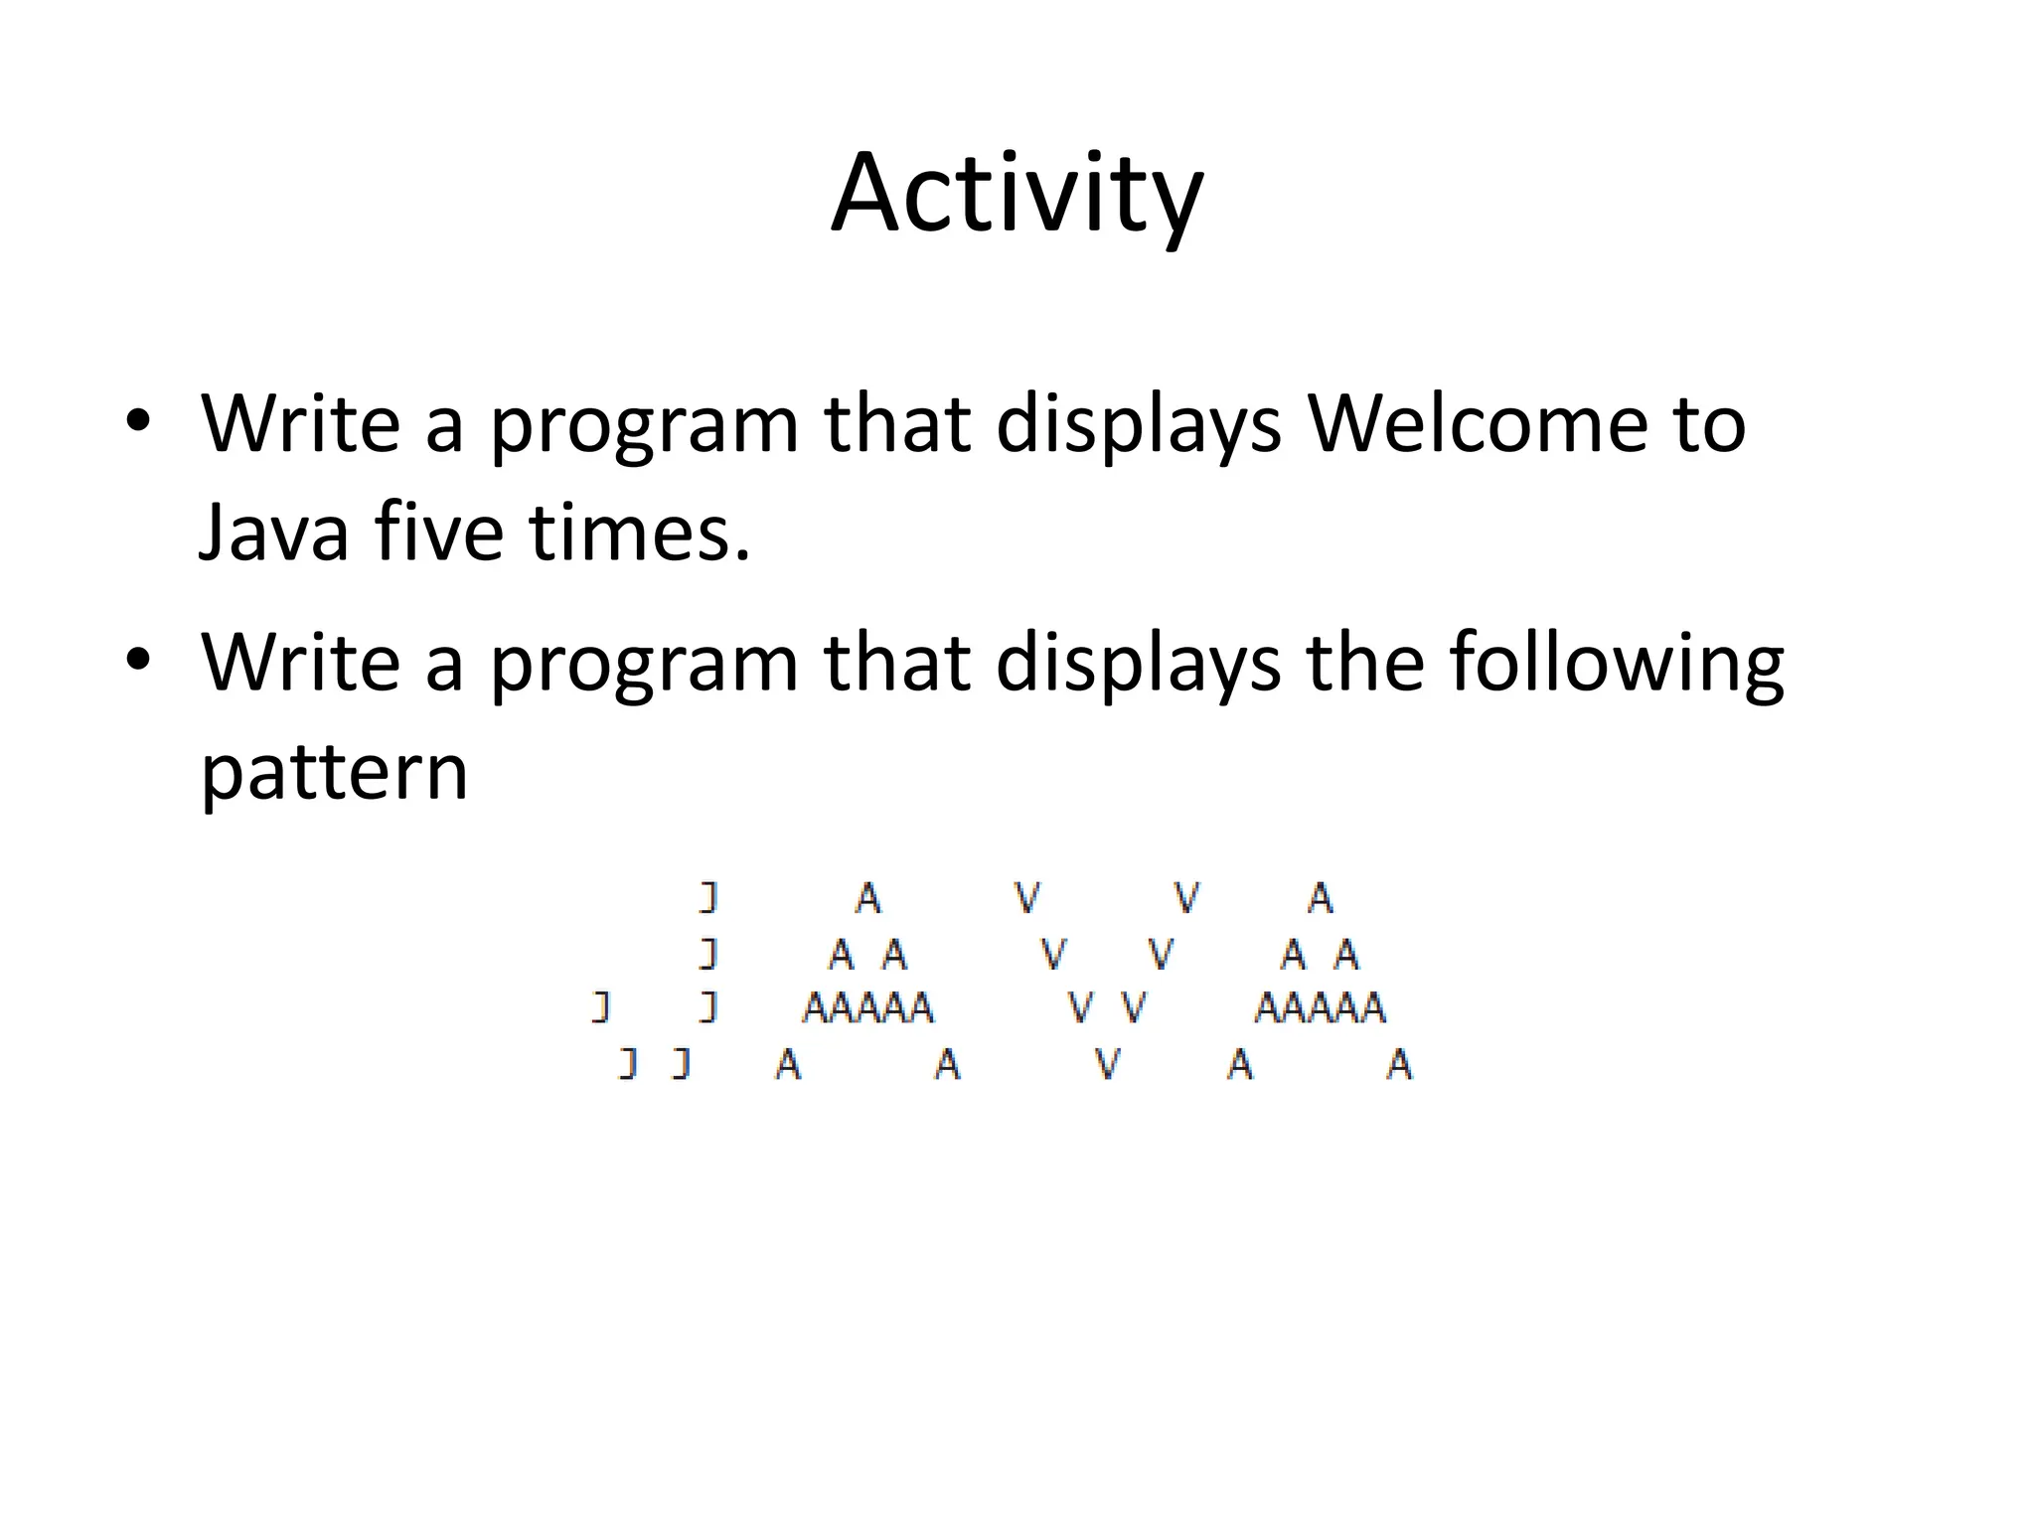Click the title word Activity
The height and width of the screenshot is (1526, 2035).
tap(1017, 194)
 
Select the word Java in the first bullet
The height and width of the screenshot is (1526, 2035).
tap(273, 533)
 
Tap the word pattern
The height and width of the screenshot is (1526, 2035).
tap(334, 772)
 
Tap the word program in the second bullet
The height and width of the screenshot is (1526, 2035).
tap(644, 664)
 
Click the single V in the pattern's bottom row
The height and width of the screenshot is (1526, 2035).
tap(1108, 1065)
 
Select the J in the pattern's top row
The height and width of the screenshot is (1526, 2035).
tap(707, 897)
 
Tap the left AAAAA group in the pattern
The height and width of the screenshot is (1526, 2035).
tap(867, 1008)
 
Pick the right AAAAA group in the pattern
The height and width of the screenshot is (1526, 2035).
tap(1320, 1008)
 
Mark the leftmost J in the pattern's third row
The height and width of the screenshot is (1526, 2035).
tap(600, 1008)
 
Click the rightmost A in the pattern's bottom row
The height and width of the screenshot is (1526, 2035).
tap(1399, 1065)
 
